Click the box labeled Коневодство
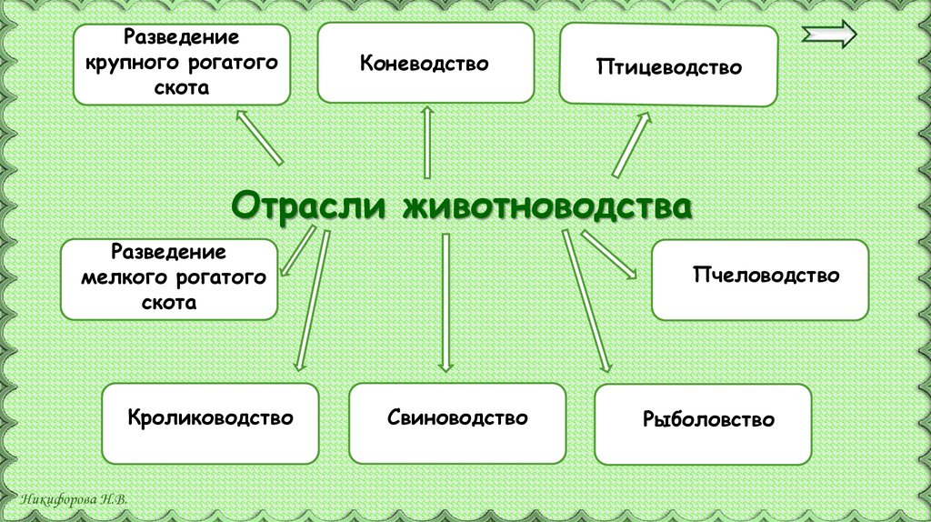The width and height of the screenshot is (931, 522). click(x=425, y=63)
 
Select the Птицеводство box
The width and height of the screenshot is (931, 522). click(x=668, y=66)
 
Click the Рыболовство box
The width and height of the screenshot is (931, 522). click(x=702, y=420)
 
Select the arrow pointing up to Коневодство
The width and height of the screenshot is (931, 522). click(x=426, y=140)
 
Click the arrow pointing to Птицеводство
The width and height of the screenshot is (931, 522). click(x=632, y=144)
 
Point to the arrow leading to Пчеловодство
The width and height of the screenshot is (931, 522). click(x=608, y=254)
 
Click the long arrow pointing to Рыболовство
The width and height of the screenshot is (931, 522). click(x=586, y=300)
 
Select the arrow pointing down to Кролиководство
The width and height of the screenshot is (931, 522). click(x=310, y=300)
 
